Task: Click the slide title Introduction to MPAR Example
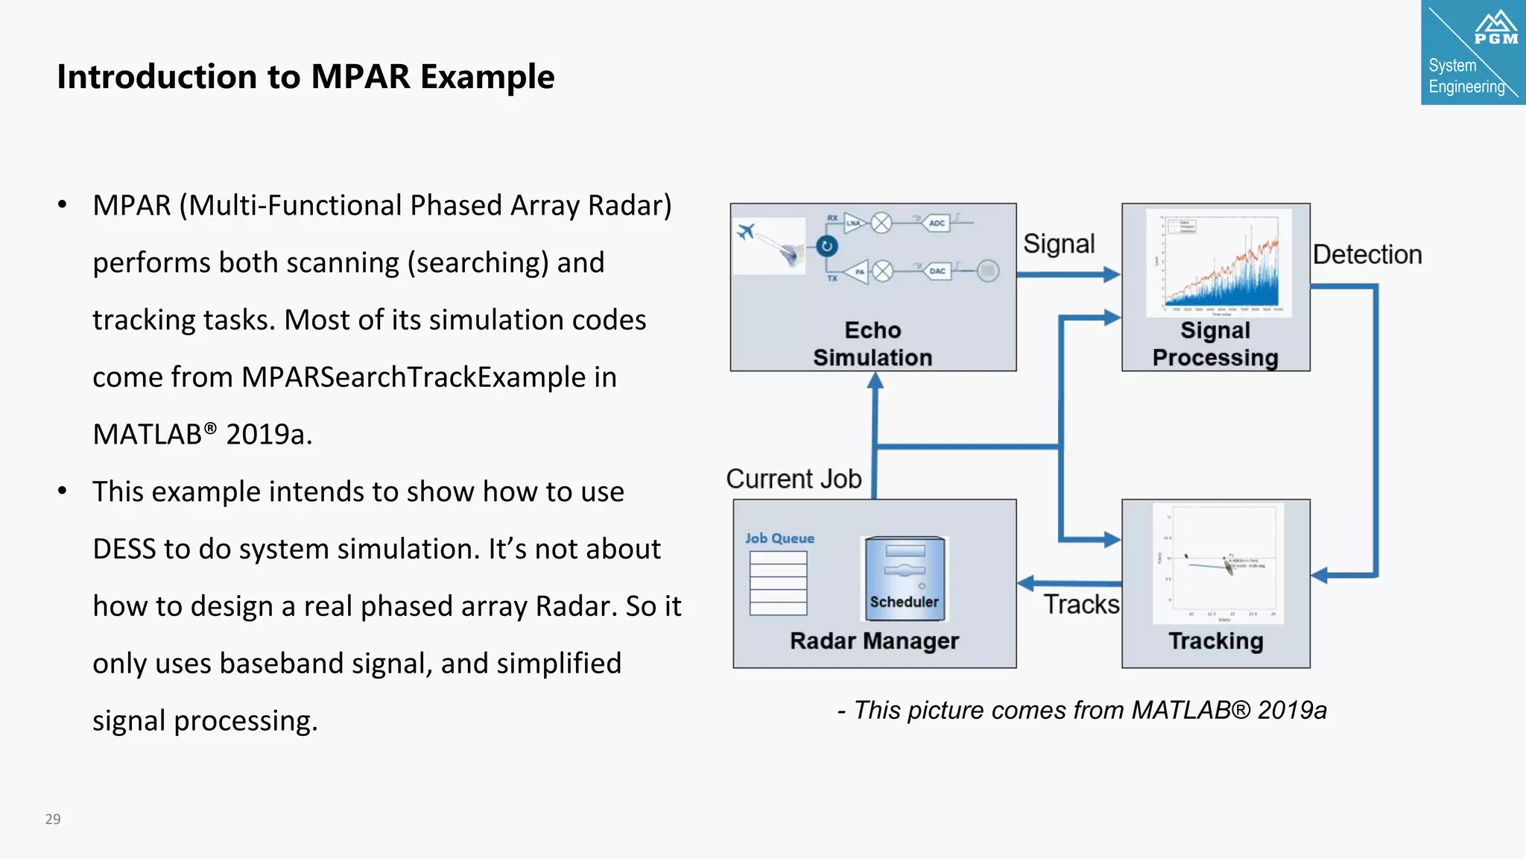[x=305, y=77]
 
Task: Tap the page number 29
[x=53, y=819]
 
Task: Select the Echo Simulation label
[x=873, y=344]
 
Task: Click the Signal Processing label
[x=1215, y=344]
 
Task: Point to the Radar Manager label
[x=874, y=641]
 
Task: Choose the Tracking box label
[x=1215, y=641]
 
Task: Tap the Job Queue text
[x=779, y=538]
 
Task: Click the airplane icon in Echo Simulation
[x=746, y=231]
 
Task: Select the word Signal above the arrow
[x=1059, y=244]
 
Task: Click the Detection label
[x=1367, y=255]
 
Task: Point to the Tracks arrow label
[x=1081, y=604]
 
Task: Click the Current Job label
[x=794, y=479]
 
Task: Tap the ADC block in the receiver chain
[x=937, y=223]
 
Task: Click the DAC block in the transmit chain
[x=937, y=271]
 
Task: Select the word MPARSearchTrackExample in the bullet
[x=414, y=377]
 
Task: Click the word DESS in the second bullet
[x=124, y=550]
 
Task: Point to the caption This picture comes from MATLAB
[x=1082, y=710]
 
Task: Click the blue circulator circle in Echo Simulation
[x=827, y=246]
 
